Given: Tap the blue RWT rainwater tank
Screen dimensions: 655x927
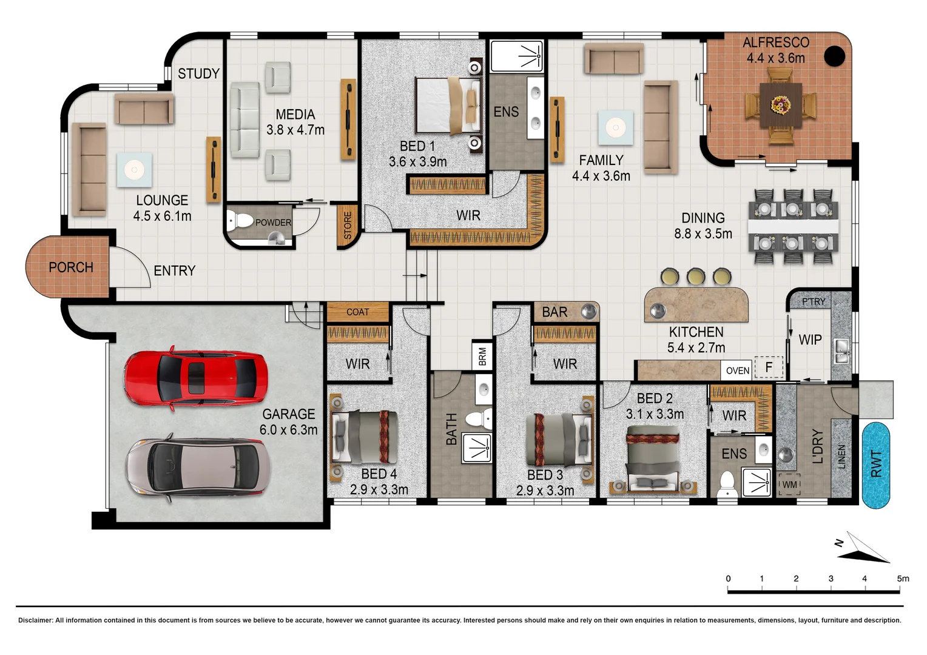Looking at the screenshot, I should coord(875,465).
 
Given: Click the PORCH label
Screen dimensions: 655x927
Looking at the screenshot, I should coord(71,267).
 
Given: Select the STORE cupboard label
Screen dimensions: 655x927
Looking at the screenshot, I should coord(348,226).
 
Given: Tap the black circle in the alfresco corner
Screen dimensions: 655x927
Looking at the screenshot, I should coord(835,56).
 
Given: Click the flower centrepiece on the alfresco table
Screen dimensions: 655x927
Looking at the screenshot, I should coord(780,106).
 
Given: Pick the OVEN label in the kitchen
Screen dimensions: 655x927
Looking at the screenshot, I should coord(738,371).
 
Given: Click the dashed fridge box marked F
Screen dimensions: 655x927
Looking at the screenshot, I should coord(769,367).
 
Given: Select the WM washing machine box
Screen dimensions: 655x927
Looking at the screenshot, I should coord(789,485).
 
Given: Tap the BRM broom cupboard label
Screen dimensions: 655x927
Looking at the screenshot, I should coord(482,356).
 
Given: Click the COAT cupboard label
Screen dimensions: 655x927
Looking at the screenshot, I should coord(357,312).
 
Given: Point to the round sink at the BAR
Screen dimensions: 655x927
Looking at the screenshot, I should coord(588,312).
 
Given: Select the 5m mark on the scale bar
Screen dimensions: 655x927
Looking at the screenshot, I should coord(903,579).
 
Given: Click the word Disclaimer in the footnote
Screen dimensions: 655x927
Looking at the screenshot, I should coord(35,620).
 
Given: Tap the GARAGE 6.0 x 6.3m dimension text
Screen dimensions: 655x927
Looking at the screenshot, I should coord(288,430).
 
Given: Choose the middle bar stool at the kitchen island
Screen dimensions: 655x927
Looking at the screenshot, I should coord(696,277).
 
